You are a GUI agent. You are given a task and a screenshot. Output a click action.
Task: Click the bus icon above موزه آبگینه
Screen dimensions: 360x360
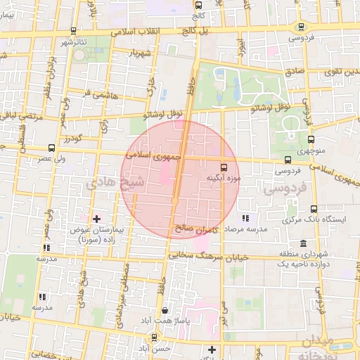point(224,168)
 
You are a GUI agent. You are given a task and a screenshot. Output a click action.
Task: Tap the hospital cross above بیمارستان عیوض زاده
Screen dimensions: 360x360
point(97,219)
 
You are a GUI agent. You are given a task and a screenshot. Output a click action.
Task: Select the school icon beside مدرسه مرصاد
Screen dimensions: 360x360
point(245,219)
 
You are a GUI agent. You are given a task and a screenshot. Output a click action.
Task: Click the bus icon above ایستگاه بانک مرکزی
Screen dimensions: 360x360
point(314,209)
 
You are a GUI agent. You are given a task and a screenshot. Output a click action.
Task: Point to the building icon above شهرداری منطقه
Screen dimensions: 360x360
point(303,244)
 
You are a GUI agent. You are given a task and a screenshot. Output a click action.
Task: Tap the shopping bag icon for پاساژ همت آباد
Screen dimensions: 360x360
point(165,310)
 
